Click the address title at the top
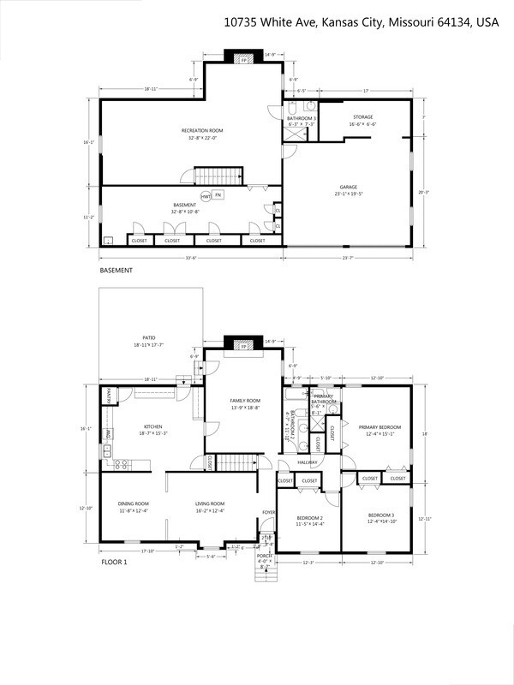click(361, 21)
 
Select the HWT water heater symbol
click(206, 196)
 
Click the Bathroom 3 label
click(301, 121)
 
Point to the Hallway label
click(308, 463)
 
